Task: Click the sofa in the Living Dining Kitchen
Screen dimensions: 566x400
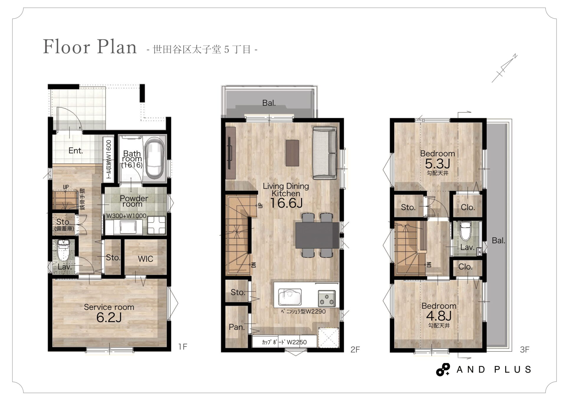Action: [325, 153]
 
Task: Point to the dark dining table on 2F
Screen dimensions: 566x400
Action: [317, 235]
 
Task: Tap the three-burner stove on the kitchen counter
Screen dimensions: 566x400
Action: [327, 298]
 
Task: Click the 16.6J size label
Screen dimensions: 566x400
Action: [286, 203]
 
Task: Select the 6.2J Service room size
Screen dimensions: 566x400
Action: [109, 318]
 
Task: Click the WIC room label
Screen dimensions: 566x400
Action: [145, 259]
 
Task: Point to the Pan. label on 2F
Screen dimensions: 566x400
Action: [237, 327]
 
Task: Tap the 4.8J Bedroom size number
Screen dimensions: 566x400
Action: [439, 316]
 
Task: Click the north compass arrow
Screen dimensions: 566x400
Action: [504, 68]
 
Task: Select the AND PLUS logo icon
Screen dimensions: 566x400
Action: [443, 370]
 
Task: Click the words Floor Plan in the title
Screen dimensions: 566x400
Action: [90, 47]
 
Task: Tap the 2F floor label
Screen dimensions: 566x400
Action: [355, 350]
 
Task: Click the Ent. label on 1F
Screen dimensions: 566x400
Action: [76, 151]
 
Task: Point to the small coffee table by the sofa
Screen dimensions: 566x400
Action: [292, 153]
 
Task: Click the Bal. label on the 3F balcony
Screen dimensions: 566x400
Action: [498, 241]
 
